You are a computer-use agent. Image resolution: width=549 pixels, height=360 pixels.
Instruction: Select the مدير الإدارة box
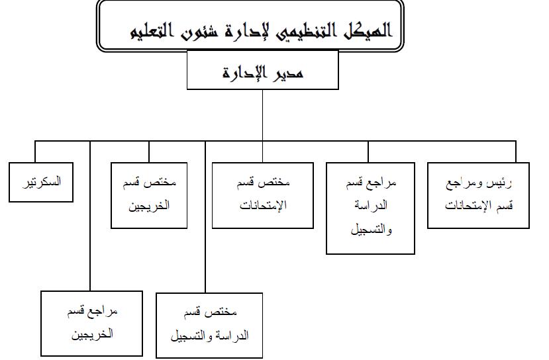[263, 70]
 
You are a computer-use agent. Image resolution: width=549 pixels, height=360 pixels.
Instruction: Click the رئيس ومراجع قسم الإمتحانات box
[478, 195]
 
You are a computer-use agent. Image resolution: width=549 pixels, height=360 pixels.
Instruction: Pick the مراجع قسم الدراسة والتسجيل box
[371, 207]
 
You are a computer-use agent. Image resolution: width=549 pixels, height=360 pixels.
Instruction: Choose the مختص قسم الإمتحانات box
[263, 195]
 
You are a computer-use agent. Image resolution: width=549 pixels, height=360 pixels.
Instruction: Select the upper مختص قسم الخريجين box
[149, 195]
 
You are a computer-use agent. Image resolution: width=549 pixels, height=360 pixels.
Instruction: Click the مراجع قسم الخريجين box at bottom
[91, 323]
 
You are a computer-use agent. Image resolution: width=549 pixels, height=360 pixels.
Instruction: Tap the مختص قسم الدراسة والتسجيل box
[209, 325]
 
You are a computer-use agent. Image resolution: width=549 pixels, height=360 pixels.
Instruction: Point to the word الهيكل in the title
[364, 30]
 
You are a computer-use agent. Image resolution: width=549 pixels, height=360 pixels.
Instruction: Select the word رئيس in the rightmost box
[501, 182]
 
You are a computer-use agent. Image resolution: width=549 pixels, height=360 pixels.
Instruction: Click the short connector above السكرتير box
[35, 151]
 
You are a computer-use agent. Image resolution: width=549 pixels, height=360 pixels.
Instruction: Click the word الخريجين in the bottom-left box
[92, 334]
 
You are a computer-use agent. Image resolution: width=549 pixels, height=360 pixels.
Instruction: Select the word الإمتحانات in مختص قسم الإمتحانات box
[263, 205]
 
